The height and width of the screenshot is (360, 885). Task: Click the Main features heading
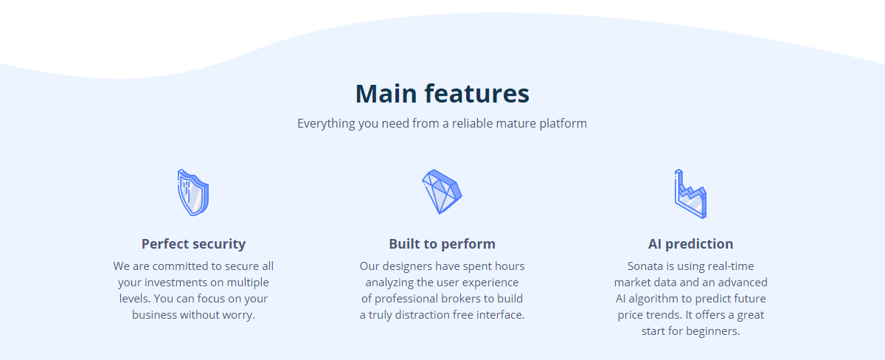coord(442,94)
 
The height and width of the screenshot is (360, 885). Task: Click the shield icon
coord(193,193)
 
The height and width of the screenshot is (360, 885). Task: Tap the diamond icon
coord(442,192)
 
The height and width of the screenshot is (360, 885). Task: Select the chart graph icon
coord(690,193)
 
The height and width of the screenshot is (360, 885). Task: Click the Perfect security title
coord(193,244)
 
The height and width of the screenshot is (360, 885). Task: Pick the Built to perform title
coord(442,244)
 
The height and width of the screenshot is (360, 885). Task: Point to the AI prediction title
coord(690,244)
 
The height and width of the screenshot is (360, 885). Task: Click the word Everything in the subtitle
coord(326,124)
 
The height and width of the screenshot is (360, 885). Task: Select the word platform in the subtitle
coord(563,124)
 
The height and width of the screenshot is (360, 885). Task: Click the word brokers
coord(462,298)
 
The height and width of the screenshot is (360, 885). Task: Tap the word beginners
coord(712,331)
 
